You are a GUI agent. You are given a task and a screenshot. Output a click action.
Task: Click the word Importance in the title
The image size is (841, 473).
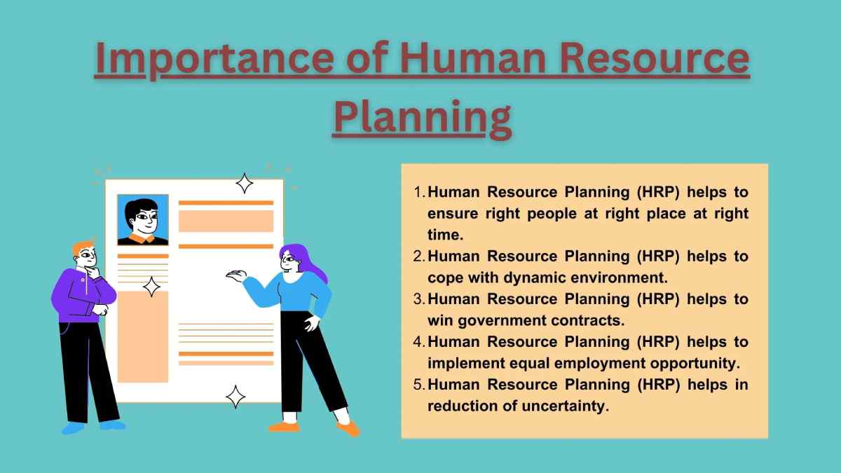214,59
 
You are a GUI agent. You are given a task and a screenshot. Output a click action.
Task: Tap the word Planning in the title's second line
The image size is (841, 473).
423,117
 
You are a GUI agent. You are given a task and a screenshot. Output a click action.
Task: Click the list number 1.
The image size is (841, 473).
419,192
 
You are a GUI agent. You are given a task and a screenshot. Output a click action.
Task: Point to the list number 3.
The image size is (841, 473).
419,299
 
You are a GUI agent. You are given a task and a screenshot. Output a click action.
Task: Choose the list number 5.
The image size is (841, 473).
419,385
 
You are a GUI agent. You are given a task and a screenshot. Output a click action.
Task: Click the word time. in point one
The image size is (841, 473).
446,235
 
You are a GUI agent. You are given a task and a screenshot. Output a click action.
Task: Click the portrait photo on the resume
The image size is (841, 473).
143,220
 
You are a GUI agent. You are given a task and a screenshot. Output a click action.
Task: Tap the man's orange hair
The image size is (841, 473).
83,248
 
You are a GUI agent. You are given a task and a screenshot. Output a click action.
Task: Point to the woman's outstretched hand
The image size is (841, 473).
235,275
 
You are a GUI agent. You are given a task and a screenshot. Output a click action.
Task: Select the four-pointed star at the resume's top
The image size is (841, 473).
244,183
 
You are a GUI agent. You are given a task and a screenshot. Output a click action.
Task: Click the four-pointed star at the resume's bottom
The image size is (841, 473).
235,397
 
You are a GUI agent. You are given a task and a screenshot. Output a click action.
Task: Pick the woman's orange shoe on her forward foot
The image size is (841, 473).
348,428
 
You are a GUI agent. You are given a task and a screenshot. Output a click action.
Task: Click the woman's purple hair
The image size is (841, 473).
307,261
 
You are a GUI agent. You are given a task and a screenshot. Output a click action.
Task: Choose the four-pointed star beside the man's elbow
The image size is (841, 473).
151,287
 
